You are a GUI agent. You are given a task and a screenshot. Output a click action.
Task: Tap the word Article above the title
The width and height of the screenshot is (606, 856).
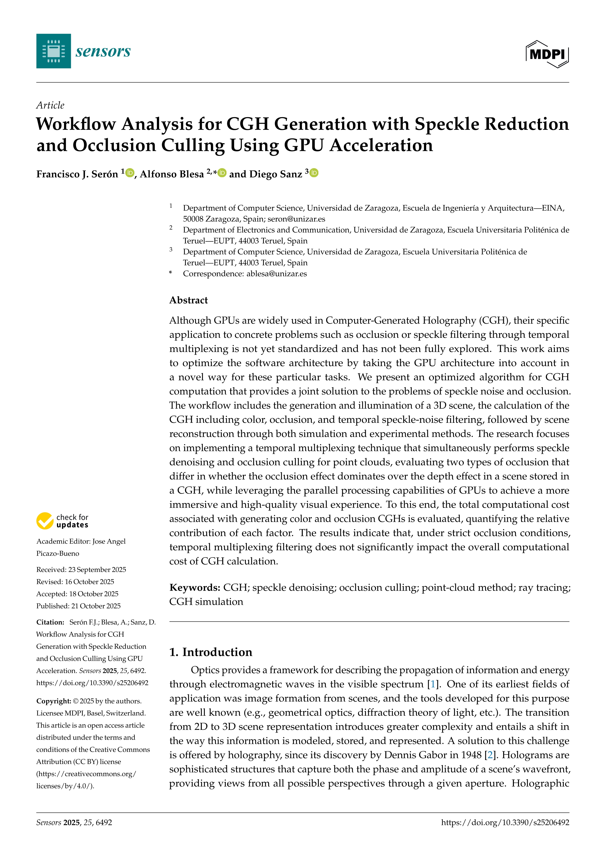(50, 105)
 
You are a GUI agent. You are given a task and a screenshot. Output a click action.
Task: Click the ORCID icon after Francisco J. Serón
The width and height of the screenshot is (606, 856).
(130, 173)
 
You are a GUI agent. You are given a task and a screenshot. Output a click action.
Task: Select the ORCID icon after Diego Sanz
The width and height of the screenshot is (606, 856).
(314, 173)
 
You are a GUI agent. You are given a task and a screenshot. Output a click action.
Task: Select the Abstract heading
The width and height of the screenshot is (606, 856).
(188, 300)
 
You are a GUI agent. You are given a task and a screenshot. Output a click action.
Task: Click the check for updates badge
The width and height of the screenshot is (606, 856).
(62, 521)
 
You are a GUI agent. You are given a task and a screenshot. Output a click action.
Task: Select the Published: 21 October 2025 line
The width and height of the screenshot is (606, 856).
(78, 606)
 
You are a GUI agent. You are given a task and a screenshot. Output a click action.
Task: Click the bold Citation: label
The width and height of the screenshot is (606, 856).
(50, 622)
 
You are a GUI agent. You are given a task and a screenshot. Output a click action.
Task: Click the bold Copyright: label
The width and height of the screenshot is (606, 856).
(53, 701)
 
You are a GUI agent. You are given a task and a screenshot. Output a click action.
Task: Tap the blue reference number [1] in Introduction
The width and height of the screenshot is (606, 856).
(433, 684)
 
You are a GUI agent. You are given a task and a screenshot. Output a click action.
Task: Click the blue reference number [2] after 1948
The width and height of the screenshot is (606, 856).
(490, 755)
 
